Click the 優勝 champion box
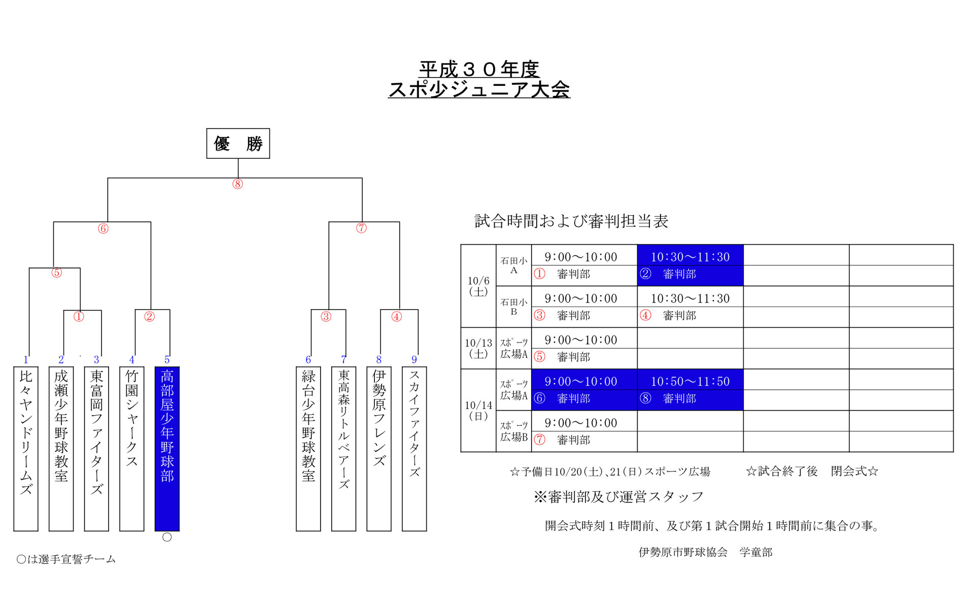pyautogui.click(x=238, y=144)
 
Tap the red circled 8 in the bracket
pyautogui.click(x=237, y=184)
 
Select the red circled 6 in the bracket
pyautogui.click(x=103, y=229)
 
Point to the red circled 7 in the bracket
pyautogui.click(x=361, y=228)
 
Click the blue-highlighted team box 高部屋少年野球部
pyautogui.click(x=167, y=449)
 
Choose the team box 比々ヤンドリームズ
pyautogui.click(x=26, y=449)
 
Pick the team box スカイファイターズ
pyautogui.click(x=414, y=449)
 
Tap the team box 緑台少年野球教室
pyautogui.click(x=308, y=449)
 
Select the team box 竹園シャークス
pyautogui.click(x=132, y=449)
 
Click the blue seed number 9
pyautogui.click(x=414, y=360)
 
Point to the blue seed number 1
pyautogui.click(x=26, y=360)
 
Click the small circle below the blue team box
pyautogui.click(x=167, y=537)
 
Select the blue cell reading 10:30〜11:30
pyautogui.click(x=690, y=257)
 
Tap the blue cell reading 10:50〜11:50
pyautogui.click(x=690, y=381)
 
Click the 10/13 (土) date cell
pyautogui.click(x=478, y=348)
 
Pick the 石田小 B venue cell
pyautogui.click(x=514, y=307)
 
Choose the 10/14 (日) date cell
pyautogui.click(x=478, y=410)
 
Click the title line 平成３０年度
pyautogui.click(x=479, y=69)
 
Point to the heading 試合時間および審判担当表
pyautogui.click(x=571, y=221)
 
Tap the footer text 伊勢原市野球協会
pyautogui.click(x=683, y=552)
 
